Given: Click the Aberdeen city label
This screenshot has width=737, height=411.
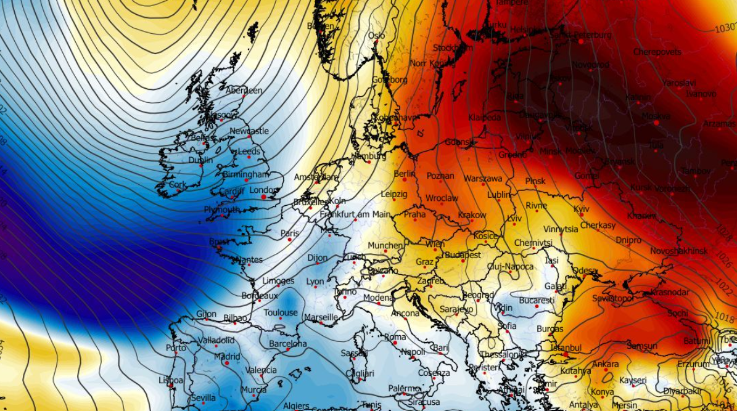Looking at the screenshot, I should pos(244,91).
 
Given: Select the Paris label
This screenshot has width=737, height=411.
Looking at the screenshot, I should pos(289,234).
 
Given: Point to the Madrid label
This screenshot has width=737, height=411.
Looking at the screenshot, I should pos(226,357).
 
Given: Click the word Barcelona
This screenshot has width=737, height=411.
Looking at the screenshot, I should pos(287,344).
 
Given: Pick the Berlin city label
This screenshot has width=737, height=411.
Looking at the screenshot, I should pos(405,174).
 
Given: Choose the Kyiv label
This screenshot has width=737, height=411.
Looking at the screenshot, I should pos(581,210).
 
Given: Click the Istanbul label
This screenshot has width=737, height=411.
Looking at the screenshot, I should pos(566,348).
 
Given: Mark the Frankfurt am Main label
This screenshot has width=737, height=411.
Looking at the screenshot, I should pos(355,214).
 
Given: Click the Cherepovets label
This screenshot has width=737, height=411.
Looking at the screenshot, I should pos(657,52).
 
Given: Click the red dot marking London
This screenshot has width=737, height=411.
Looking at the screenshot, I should pos(264,197).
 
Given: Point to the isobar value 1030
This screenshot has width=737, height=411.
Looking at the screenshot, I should pos(725,29).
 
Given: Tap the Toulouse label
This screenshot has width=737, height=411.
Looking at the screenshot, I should pos(281,313).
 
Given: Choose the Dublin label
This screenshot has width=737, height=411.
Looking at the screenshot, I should pos(200,160).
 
